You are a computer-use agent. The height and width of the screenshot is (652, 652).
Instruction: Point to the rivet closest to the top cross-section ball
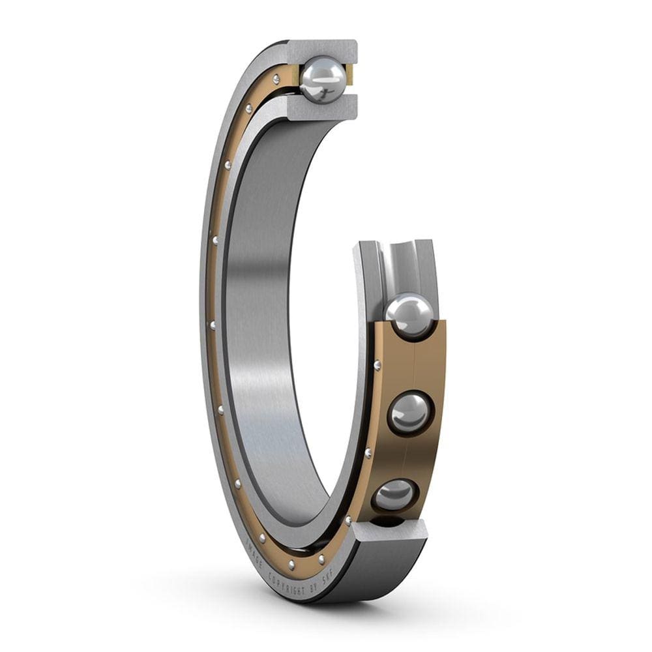[x=276, y=79]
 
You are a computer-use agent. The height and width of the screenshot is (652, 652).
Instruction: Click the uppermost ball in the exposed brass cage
[x=409, y=315]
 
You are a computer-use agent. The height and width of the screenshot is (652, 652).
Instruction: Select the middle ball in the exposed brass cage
[x=409, y=411]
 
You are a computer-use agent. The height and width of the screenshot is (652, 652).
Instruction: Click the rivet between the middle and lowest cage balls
[x=368, y=452]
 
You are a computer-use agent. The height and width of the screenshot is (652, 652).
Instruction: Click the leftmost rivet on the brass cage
[x=211, y=324]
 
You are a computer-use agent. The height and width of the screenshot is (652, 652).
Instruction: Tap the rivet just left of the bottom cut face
[x=348, y=520]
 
